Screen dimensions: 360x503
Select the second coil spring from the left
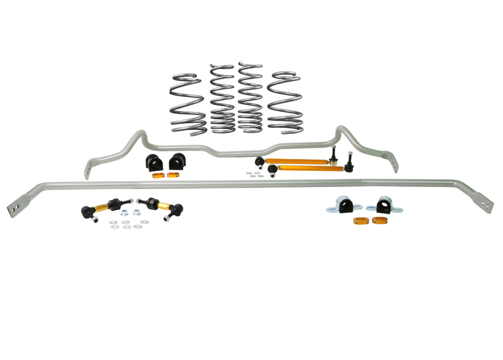[222, 100]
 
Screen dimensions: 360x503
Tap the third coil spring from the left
[250, 99]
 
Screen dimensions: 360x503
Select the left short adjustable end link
[100, 209]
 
